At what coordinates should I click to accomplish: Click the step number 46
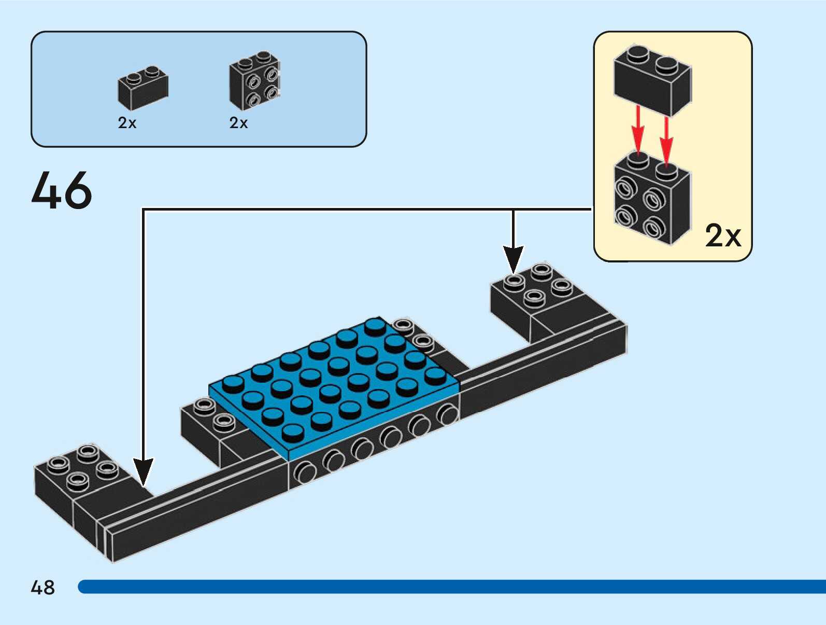62,190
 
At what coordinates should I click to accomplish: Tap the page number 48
42,588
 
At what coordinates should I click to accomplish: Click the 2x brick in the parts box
143,88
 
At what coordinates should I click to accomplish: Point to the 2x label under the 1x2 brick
127,123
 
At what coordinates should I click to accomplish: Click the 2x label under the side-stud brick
238,123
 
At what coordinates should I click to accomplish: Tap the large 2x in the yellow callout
723,236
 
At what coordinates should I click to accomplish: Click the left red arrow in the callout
638,130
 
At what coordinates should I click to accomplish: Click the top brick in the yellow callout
652,80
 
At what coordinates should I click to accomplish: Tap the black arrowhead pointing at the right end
513,259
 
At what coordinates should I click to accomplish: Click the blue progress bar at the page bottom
451,587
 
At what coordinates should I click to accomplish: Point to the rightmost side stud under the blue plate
447,414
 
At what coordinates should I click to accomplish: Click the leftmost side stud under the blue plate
306,473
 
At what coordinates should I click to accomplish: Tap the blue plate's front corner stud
293,432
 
